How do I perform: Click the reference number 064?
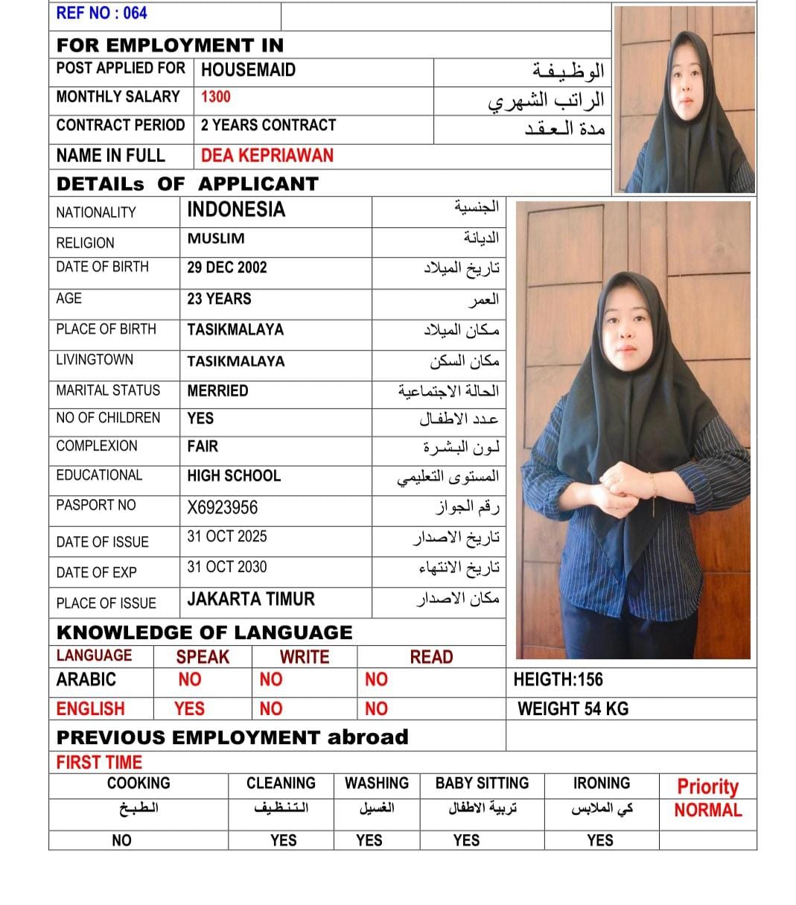[135, 13]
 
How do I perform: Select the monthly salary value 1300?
[215, 97]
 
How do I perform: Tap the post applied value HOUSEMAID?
[248, 70]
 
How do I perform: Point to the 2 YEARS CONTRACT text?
[268, 125]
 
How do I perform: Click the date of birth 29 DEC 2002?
[226, 267]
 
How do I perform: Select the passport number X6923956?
[222, 508]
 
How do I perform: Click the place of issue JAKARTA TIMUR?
[251, 600]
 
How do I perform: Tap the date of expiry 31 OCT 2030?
[226, 567]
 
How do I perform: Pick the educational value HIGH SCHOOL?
[234, 476]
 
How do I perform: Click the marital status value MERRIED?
[217, 390]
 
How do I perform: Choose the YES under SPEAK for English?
[189, 709]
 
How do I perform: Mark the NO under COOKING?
[121, 840]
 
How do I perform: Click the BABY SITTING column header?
[482, 783]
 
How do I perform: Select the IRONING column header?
[601, 783]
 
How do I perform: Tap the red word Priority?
[707, 787]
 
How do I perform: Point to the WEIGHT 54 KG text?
[573, 708]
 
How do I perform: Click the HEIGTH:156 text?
[558, 679]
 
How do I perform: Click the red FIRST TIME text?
[99, 762]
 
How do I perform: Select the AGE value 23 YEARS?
[219, 299]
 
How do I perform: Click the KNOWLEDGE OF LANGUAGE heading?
[204, 632]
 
